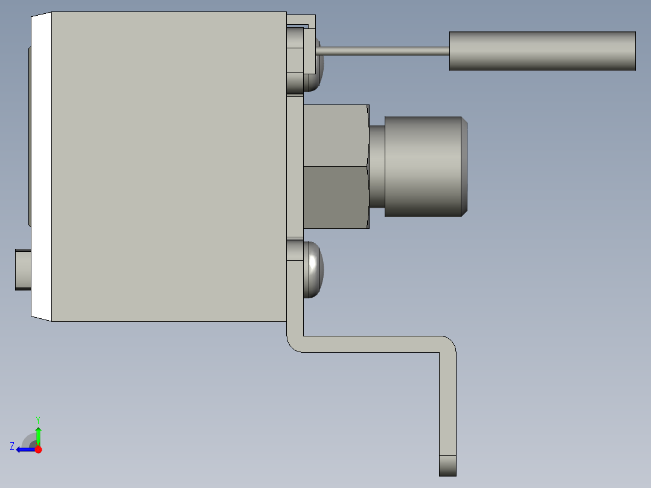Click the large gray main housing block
(x=169, y=166)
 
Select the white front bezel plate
(x=41, y=166)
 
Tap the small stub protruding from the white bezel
(x=22, y=269)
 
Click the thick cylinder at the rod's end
(x=542, y=51)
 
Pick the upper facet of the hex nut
(x=336, y=135)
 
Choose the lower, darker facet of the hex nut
(x=336, y=197)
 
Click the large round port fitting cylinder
(x=423, y=166)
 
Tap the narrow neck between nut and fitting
(x=377, y=166)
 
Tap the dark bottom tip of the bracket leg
(x=447, y=466)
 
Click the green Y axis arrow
(x=38, y=434)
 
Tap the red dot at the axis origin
(x=38, y=449)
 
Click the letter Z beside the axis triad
(x=12, y=446)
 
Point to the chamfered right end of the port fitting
(x=465, y=166)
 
